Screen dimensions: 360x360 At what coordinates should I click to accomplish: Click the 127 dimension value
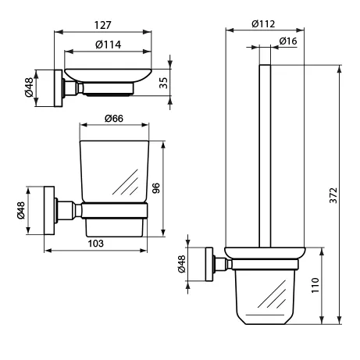(102, 25)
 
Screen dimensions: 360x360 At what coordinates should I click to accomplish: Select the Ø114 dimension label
(108, 45)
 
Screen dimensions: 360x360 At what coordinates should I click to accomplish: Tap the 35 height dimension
(164, 83)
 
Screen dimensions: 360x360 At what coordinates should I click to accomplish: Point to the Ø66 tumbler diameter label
(114, 119)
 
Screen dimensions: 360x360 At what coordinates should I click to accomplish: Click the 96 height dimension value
(155, 188)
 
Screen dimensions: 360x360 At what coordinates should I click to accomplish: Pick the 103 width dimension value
(95, 244)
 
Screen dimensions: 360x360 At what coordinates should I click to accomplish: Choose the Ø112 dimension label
(263, 24)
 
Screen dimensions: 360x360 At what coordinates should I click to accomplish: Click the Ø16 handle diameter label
(288, 41)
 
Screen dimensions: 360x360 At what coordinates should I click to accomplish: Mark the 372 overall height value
(333, 195)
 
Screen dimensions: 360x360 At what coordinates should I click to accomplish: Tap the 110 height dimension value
(315, 285)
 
